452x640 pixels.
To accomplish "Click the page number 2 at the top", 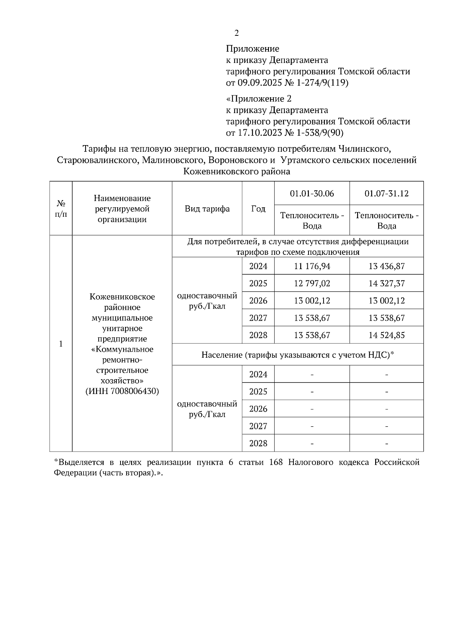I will (237, 34).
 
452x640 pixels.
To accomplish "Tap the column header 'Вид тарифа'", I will (207, 209).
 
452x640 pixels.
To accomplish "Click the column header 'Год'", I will (258, 209).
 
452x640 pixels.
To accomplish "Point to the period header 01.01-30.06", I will (312, 194).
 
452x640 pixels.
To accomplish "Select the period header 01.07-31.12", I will (386, 194).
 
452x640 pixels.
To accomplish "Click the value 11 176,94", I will (312, 266).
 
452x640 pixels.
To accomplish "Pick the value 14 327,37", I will (386, 283).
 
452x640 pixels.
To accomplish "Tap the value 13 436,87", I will (386, 266).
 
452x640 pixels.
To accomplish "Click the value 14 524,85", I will (386, 335).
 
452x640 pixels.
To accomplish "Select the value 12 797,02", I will (312, 283).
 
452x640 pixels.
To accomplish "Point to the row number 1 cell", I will (61, 344).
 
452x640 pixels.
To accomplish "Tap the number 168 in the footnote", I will (276, 462).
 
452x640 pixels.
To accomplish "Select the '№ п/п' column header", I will (61, 209).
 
